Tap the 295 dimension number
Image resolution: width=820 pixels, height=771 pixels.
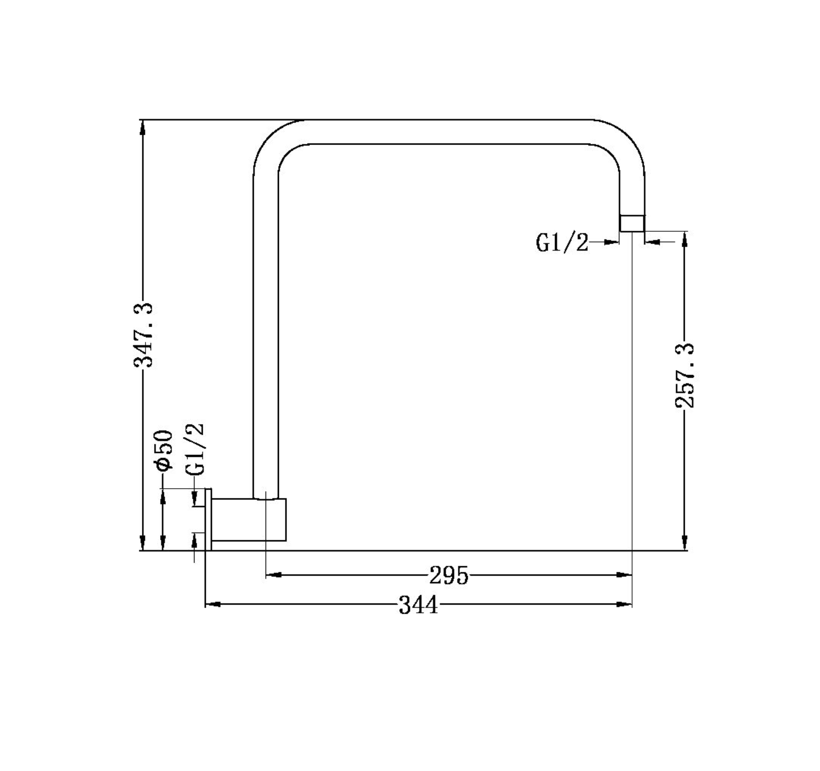pyautogui.click(x=449, y=576)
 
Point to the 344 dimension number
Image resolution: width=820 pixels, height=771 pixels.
pyautogui.click(x=418, y=606)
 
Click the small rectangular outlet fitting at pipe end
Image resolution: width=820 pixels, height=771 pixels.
pyautogui.click(x=632, y=223)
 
